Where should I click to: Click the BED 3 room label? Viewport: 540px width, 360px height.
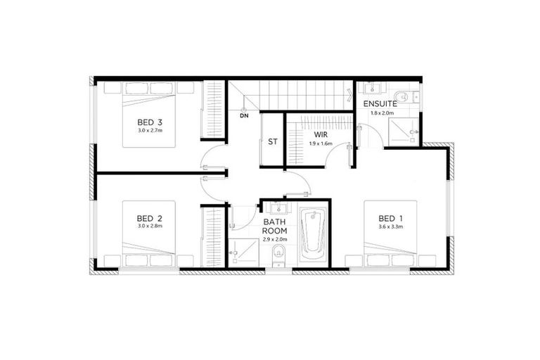pyautogui.click(x=149, y=122)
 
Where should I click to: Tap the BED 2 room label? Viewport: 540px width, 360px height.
pyautogui.click(x=149, y=218)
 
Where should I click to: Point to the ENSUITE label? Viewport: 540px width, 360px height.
pyautogui.click(x=380, y=104)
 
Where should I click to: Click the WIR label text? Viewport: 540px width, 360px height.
pyautogui.click(x=320, y=134)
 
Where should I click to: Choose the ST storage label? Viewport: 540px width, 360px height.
pyautogui.click(x=272, y=141)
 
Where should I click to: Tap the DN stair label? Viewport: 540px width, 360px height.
pyautogui.click(x=243, y=116)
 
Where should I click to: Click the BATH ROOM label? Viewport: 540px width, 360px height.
pyautogui.click(x=275, y=225)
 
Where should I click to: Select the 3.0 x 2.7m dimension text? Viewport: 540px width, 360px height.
pyautogui.click(x=149, y=131)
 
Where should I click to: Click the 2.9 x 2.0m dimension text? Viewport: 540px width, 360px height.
pyautogui.click(x=275, y=240)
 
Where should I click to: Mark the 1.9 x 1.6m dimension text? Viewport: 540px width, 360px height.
pyautogui.click(x=320, y=143)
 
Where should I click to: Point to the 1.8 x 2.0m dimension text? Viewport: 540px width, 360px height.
pyautogui.click(x=382, y=112)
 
